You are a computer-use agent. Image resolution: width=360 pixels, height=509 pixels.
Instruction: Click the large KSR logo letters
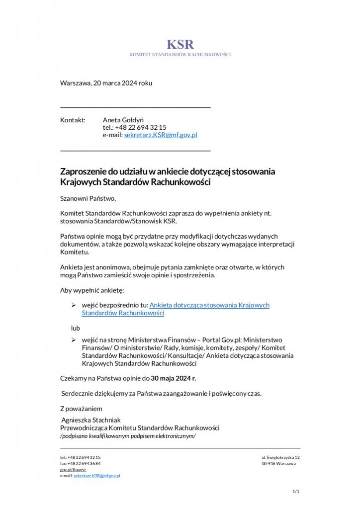[180, 44]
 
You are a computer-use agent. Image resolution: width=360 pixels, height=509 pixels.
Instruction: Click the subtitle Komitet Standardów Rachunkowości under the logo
[180, 54]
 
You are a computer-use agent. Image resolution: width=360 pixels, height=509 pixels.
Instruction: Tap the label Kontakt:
[73, 120]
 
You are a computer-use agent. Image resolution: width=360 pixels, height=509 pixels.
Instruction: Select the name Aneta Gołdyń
[123, 120]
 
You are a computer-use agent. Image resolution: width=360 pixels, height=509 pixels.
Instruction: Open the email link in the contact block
[161, 135]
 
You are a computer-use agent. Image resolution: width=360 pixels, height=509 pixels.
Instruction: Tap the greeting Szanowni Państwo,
[88, 199]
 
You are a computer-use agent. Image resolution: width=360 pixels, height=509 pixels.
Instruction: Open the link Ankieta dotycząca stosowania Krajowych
[209, 305]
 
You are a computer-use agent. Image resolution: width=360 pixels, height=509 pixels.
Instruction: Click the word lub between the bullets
[75, 329]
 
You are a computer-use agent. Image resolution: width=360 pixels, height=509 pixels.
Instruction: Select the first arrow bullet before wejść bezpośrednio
[73, 305]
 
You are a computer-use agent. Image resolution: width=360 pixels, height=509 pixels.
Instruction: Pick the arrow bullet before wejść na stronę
[73, 339]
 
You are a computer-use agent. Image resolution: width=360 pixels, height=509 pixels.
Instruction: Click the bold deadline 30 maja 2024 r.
[174, 378]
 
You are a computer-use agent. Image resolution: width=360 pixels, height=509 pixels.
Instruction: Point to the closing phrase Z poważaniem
[81, 409]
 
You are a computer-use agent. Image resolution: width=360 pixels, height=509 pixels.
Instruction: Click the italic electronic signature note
[128, 436]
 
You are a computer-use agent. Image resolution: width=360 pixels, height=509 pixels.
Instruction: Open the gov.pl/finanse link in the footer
[73, 469]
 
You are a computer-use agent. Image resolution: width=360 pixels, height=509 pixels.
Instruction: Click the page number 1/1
[296, 492]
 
